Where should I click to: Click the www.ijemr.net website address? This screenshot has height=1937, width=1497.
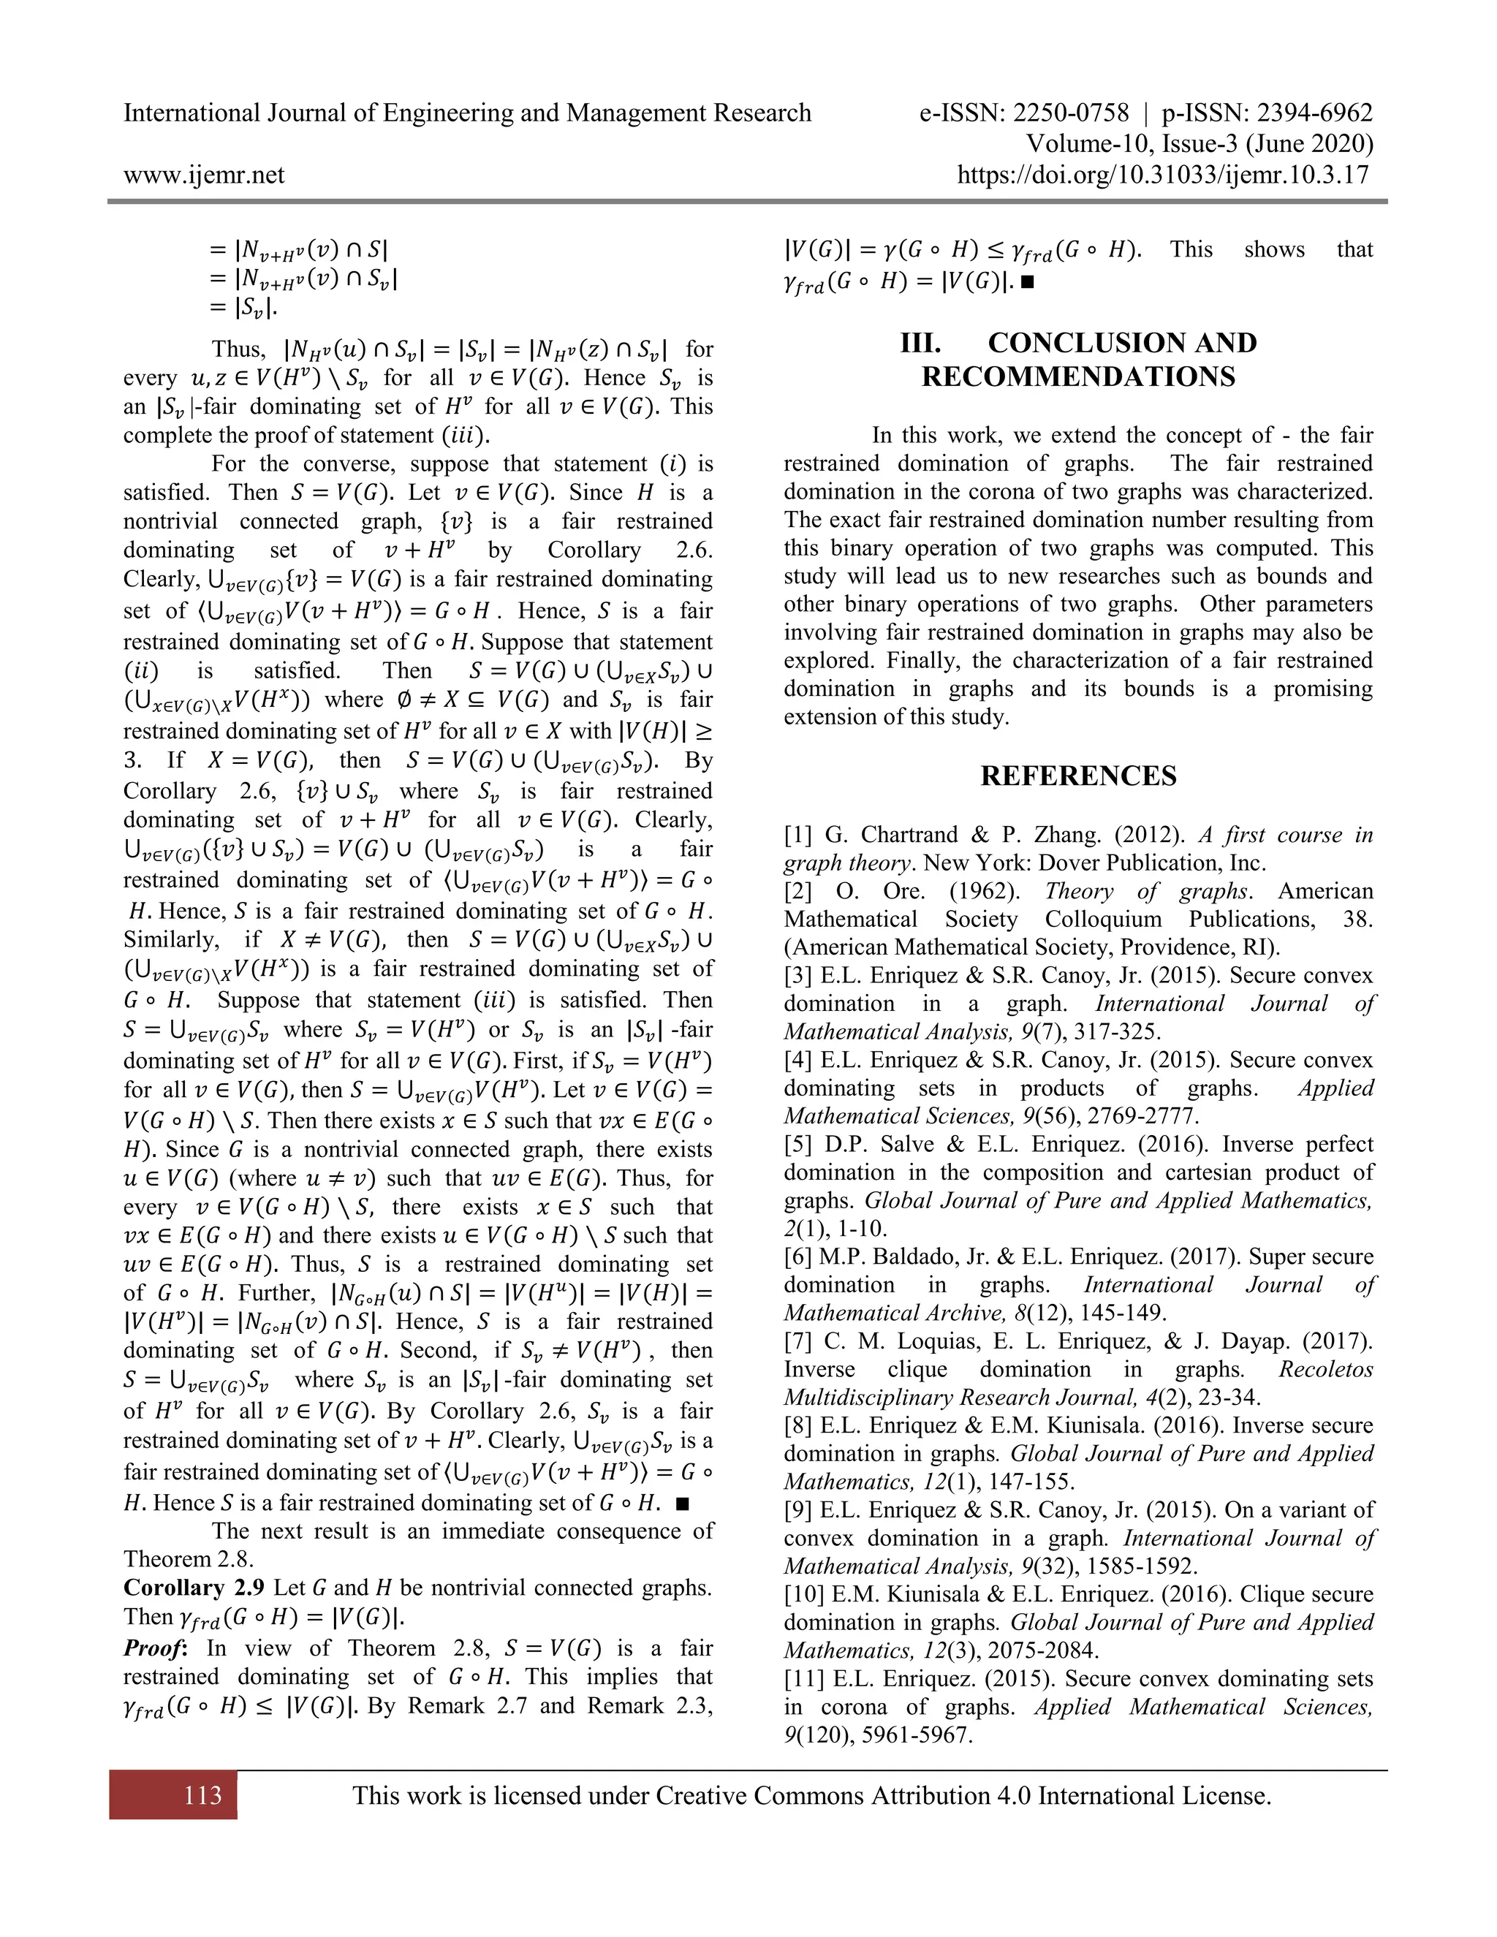204,175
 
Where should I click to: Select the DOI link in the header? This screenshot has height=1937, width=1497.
1164,175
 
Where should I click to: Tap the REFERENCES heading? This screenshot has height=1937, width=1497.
1078,776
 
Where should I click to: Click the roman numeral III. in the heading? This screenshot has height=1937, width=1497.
920,344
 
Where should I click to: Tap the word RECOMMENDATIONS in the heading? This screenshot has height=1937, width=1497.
1078,377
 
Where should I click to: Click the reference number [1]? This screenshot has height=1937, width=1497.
798,835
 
